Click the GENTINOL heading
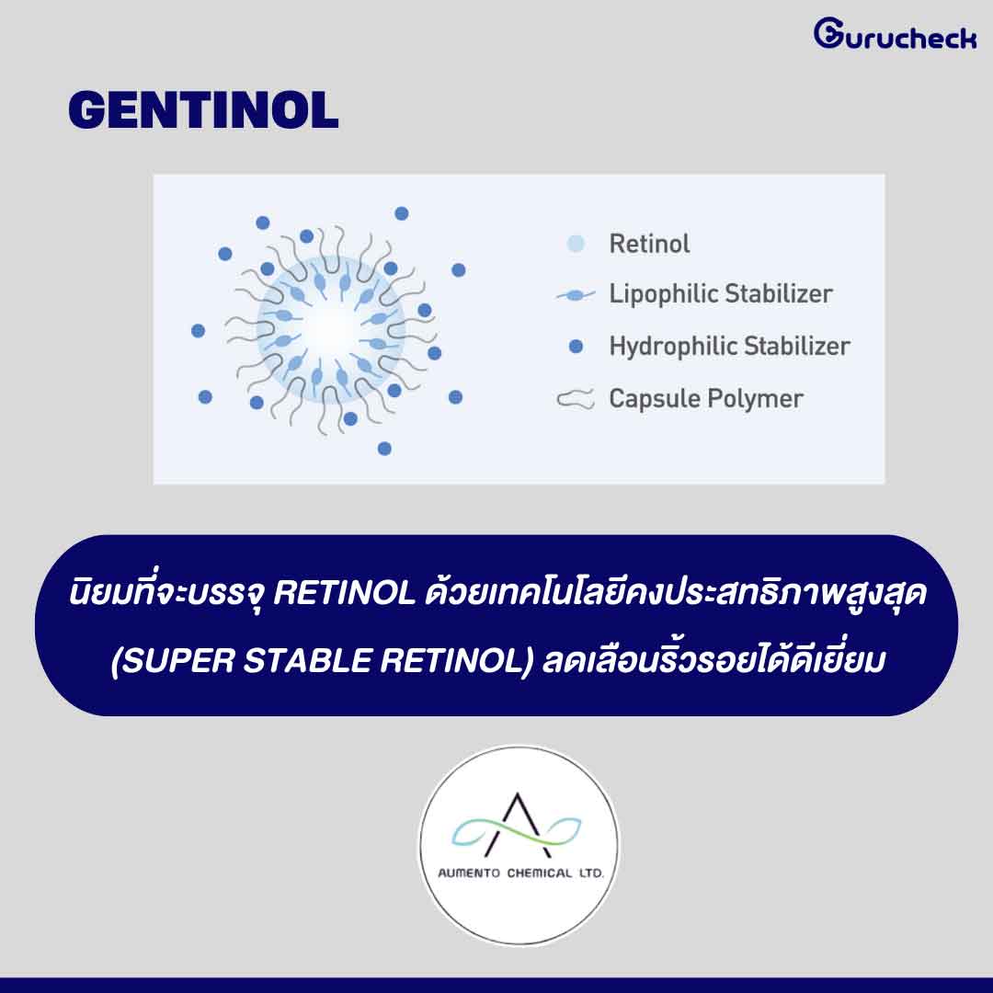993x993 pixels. [203, 110]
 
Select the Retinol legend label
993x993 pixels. [649, 244]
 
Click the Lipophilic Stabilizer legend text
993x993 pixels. [721, 294]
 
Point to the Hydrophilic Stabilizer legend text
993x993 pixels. [729, 346]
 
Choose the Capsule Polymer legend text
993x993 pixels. [706, 399]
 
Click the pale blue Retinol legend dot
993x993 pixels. [576, 244]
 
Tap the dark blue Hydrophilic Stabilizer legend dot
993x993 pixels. [576, 347]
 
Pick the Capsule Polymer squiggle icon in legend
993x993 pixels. [576, 399]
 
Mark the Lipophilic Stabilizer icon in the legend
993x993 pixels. [576, 295]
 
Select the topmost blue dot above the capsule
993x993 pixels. [402, 213]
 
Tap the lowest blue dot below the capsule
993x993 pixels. [384, 449]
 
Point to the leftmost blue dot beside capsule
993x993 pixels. [199, 331]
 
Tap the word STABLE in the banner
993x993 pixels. [307, 661]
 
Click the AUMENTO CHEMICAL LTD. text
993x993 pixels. [520, 873]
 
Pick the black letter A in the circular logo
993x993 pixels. [519, 824]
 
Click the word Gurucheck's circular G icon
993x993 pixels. [827, 33]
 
